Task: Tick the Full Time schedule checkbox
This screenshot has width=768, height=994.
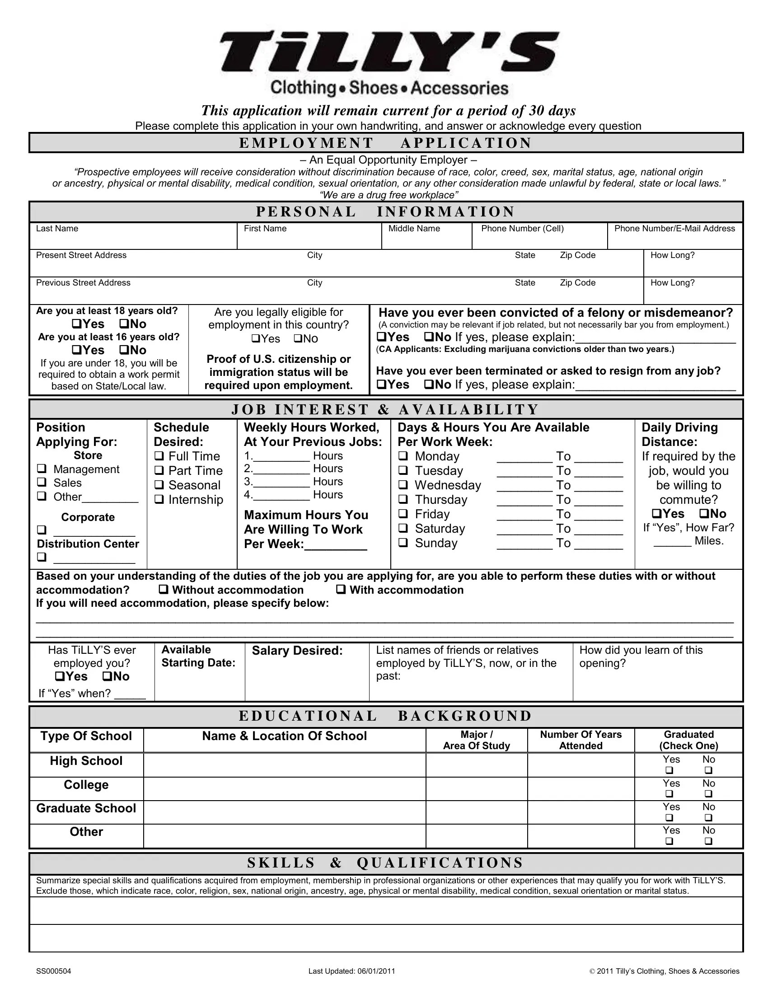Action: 159,455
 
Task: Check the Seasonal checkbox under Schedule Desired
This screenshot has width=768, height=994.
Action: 159,485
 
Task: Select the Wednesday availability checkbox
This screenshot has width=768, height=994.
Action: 403,485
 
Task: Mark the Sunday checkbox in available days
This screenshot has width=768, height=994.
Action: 403,543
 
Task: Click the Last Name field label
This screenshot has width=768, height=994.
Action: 57,229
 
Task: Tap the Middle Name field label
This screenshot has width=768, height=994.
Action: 413,229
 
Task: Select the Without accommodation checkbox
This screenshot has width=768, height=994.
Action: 164,589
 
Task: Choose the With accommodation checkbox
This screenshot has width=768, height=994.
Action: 341,589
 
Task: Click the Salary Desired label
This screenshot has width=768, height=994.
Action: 297,650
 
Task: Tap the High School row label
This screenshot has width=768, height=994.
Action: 86,761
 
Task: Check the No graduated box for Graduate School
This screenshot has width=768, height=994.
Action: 708,817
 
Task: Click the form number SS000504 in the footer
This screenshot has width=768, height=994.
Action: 53,971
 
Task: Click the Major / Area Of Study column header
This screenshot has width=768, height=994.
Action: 476,740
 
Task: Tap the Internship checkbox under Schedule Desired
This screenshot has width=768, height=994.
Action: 159,499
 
